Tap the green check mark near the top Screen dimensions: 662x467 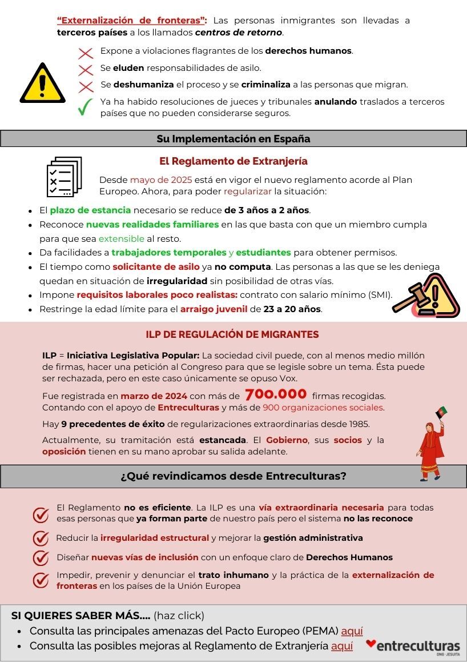coord(86,107)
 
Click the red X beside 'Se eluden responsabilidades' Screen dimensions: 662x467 coord(86,69)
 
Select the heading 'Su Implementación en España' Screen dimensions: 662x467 coord(234,139)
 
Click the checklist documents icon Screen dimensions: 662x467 coord(64,176)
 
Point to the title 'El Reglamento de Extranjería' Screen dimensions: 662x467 coord(234,161)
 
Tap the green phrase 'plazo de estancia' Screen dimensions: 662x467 coord(90,210)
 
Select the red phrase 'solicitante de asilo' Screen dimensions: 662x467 coord(156,267)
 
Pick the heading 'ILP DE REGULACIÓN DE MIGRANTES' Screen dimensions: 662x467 coord(232,334)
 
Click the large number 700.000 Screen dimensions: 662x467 coord(276,395)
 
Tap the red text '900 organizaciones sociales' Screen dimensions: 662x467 coord(323,408)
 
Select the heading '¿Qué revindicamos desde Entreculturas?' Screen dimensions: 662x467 coord(234,476)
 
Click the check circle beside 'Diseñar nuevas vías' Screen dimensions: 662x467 coord(41,558)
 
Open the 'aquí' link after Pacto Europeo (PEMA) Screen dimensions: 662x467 coord(352,632)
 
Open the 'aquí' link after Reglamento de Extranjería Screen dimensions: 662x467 coord(341,646)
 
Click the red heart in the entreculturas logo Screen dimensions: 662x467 coord(371,643)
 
